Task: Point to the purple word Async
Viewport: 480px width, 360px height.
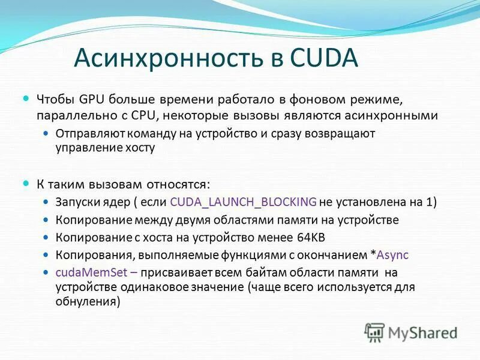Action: click(x=392, y=254)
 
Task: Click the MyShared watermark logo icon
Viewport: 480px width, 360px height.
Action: click(x=375, y=332)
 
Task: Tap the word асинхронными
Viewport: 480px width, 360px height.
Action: click(x=396, y=115)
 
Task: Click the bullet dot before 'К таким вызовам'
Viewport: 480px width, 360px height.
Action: click(x=26, y=182)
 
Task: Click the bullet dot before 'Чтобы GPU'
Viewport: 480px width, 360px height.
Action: click(x=26, y=97)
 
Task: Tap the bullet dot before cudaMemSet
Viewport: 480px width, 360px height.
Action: click(x=47, y=272)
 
